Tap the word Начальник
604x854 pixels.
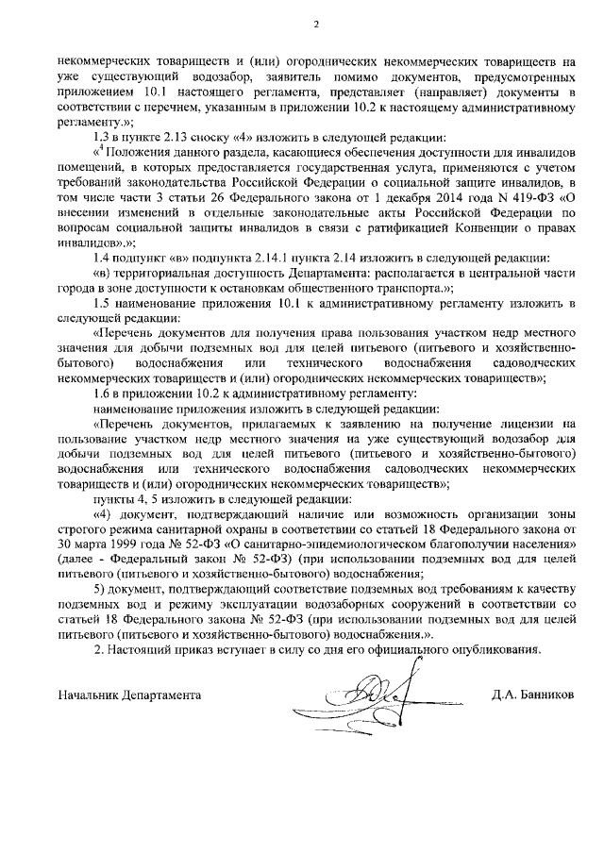pos(87,695)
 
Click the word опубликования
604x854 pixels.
pos(495,648)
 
